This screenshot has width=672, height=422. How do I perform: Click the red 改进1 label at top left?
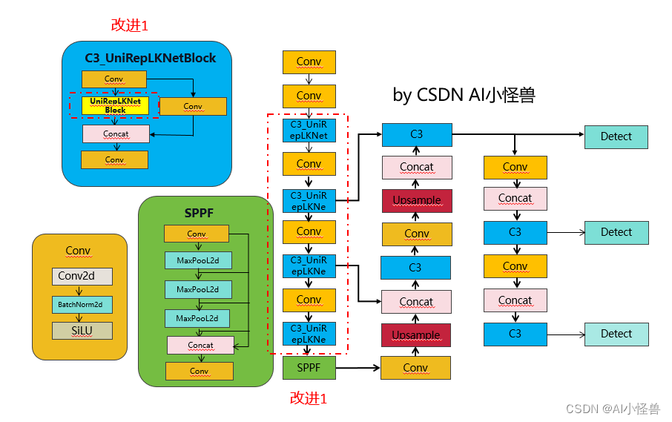(130, 25)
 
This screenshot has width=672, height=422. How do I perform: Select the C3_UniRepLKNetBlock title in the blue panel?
(150, 58)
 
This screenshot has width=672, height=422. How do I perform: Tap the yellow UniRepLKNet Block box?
(115, 105)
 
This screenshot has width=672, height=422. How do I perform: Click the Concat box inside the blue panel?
(116, 134)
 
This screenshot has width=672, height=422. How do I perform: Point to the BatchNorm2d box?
(82, 304)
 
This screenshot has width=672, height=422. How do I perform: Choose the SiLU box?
(82, 330)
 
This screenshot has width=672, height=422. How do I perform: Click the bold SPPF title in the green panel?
(199, 214)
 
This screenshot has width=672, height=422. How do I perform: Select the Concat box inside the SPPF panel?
(200, 345)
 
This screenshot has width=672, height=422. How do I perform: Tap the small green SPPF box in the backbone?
(309, 367)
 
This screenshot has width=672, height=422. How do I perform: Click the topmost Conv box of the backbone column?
(309, 62)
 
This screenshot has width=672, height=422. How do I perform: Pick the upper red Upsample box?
(416, 200)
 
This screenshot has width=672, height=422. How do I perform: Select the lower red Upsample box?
(416, 335)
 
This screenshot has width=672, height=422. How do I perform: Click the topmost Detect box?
(616, 136)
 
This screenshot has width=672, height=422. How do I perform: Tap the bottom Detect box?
(616, 334)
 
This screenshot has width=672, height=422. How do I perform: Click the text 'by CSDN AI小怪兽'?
(464, 95)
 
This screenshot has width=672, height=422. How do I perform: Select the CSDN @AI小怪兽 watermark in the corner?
(612, 409)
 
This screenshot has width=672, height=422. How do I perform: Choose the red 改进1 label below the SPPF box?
(308, 398)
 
